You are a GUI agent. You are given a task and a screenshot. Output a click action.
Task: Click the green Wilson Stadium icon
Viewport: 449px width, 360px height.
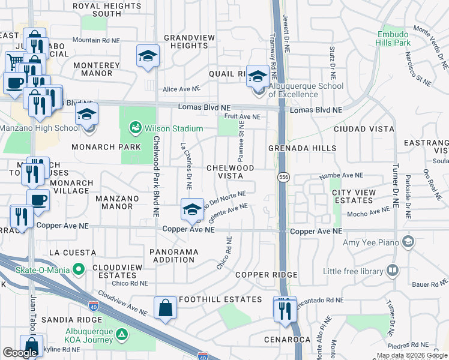(134, 128)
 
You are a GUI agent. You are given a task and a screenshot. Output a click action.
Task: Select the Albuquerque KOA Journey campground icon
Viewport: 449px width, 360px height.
(122, 334)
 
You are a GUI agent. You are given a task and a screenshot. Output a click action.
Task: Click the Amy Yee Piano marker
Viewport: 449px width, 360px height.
(408, 241)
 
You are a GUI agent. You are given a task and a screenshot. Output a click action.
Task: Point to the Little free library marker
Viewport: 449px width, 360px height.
(393, 271)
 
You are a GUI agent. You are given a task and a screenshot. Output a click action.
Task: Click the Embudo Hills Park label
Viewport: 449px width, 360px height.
(393, 39)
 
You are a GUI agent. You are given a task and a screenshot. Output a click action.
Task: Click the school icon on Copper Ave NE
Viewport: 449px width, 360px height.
(191, 210)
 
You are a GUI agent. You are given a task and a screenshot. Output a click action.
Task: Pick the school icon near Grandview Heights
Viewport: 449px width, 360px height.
(146, 57)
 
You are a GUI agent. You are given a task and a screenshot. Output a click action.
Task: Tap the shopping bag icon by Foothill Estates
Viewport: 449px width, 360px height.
(164, 308)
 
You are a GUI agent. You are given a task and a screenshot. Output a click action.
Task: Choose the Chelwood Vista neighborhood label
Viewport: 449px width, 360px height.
(230, 172)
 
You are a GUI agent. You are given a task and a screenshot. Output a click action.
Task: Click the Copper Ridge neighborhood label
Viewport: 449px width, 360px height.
(266, 275)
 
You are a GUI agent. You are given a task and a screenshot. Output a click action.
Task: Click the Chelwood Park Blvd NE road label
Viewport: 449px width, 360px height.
(155, 176)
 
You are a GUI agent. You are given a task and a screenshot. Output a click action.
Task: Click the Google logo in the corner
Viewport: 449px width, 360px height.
(20, 353)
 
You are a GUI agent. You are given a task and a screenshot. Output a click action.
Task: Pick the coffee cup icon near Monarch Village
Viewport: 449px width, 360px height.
(38, 200)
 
